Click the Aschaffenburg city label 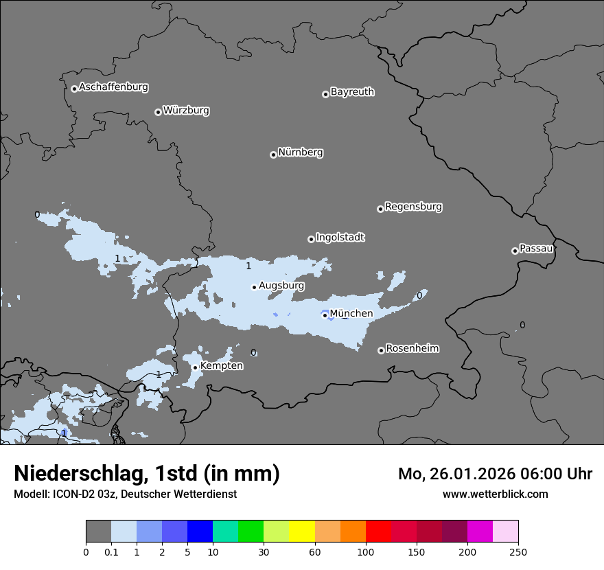pos(113,87)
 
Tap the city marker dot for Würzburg pos(158,112)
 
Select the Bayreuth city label pos(352,91)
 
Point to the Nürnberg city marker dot pos(273,155)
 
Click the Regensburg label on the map pos(413,206)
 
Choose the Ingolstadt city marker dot pos(311,239)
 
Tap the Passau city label pos(536,248)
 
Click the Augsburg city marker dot pos(254,287)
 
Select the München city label pos(351,313)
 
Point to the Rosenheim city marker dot pos(381,350)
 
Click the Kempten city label pos(221,365)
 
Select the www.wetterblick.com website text pos(495,494)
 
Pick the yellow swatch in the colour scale pos(302,532)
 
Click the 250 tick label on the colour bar pos(518,551)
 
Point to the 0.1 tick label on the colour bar pos(111,551)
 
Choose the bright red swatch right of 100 pos(378,532)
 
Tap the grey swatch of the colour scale pos(98,532)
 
